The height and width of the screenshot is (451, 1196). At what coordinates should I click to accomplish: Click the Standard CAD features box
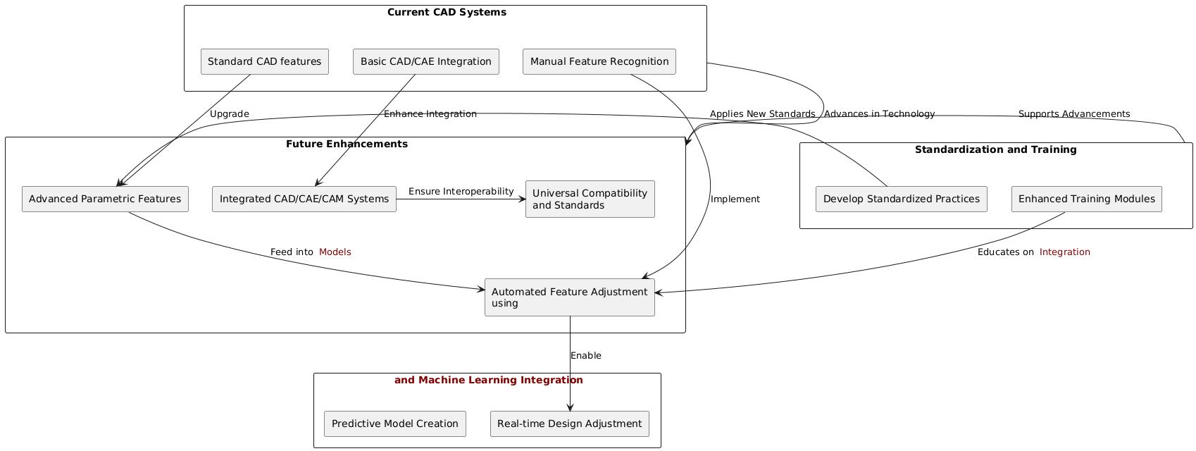(x=264, y=61)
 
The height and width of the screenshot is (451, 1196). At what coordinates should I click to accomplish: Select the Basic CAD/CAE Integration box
(x=425, y=61)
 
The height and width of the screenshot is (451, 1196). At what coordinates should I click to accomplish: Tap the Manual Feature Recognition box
(x=599, y=61)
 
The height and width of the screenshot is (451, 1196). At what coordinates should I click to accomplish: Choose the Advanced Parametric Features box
(x=105, y=199)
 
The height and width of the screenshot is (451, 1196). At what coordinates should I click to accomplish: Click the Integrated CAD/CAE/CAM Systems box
(x=304, y=199)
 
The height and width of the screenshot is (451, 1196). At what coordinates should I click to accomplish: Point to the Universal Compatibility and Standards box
(x=590, y=199)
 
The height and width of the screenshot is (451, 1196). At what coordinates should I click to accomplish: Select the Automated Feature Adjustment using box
(x=569, y=297)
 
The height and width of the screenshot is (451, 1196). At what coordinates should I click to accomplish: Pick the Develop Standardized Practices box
(x=901, y=199)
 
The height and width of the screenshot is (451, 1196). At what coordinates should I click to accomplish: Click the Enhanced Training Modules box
(x=1086, y=199)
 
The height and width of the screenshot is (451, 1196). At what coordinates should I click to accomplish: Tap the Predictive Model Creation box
(x=394, y=424)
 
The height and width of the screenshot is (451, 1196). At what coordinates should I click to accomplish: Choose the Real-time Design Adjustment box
(x=569, y=424)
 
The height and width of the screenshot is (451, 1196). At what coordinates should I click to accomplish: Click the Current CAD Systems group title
(x=447, y=12)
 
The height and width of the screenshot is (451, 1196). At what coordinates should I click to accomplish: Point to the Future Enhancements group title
(x=347, y=144)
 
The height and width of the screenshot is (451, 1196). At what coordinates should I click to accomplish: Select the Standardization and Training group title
(x=995, y=149)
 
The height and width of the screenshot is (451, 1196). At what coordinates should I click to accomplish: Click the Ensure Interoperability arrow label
(x=461, y=191)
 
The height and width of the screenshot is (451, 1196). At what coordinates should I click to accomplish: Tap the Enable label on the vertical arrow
(x=586, y=355)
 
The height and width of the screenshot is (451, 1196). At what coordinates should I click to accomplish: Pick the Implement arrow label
(x=735, y=199)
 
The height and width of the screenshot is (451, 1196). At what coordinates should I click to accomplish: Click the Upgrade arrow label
(x=229, y=113)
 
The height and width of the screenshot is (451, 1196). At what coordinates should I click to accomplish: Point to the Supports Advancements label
(x=1073, y=113)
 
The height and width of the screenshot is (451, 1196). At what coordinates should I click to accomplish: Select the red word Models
(x=335, y=252)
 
